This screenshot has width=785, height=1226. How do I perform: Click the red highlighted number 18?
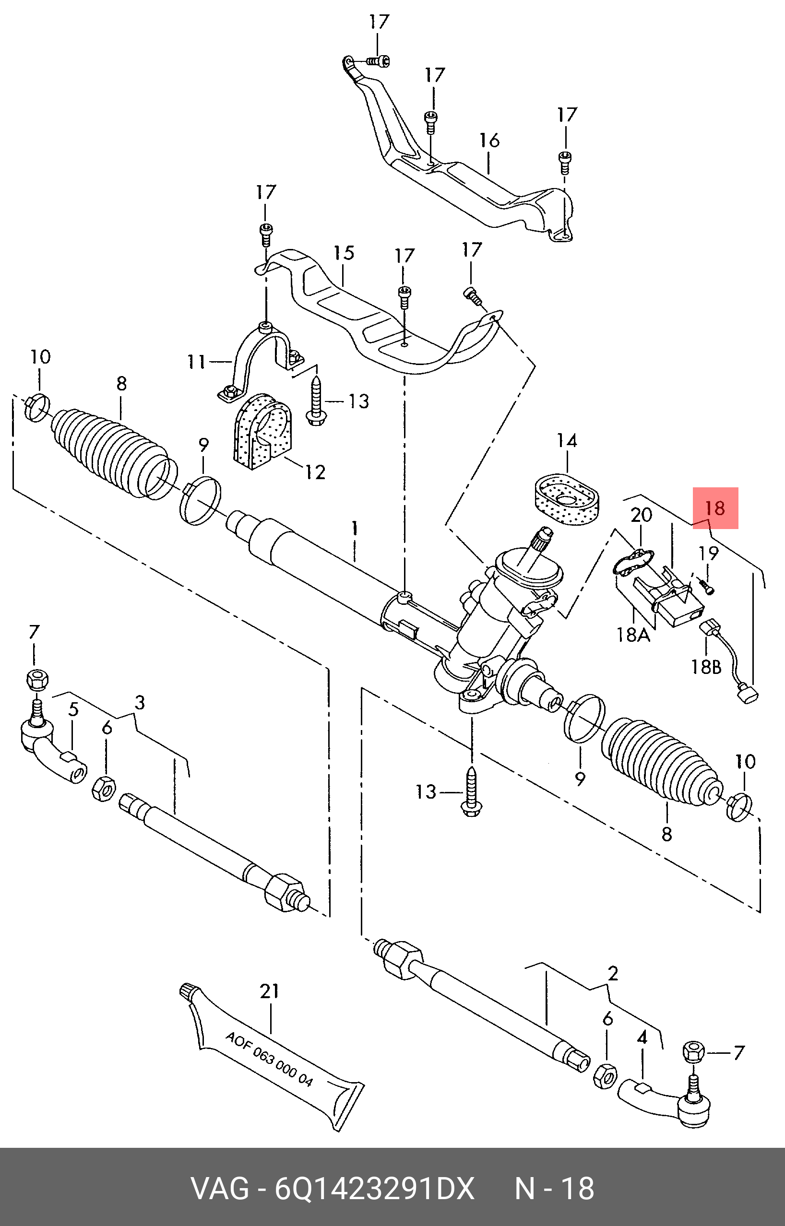pyautogui.click(x=714, y=508)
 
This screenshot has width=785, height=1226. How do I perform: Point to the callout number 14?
pyautogui.click(x=566, y=440)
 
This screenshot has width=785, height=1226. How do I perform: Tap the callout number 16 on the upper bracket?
pyautogui.click(x=489, y=140)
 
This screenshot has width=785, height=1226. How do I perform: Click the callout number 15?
pyautogui.click(x=344, y=253)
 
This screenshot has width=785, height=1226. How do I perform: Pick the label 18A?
pyautogui.click(x=633, y=635)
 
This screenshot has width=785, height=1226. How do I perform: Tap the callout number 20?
pyautogui.click(x=641, y=515)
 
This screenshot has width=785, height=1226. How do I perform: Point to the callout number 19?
pyautogui.click(x=708, y=553)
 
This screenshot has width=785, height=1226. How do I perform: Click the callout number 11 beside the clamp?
pyautogui.click(x=197, y=362)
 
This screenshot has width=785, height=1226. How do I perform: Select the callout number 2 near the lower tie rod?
pyautogui.click(x=613, y=973)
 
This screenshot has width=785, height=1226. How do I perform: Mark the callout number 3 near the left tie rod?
pyautogui.click(x=139, y=703)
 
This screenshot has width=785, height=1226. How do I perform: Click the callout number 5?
pyautogui.click(x=73, y=709)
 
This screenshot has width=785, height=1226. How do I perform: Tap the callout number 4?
pyautogui.click(x=642, y=1037)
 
